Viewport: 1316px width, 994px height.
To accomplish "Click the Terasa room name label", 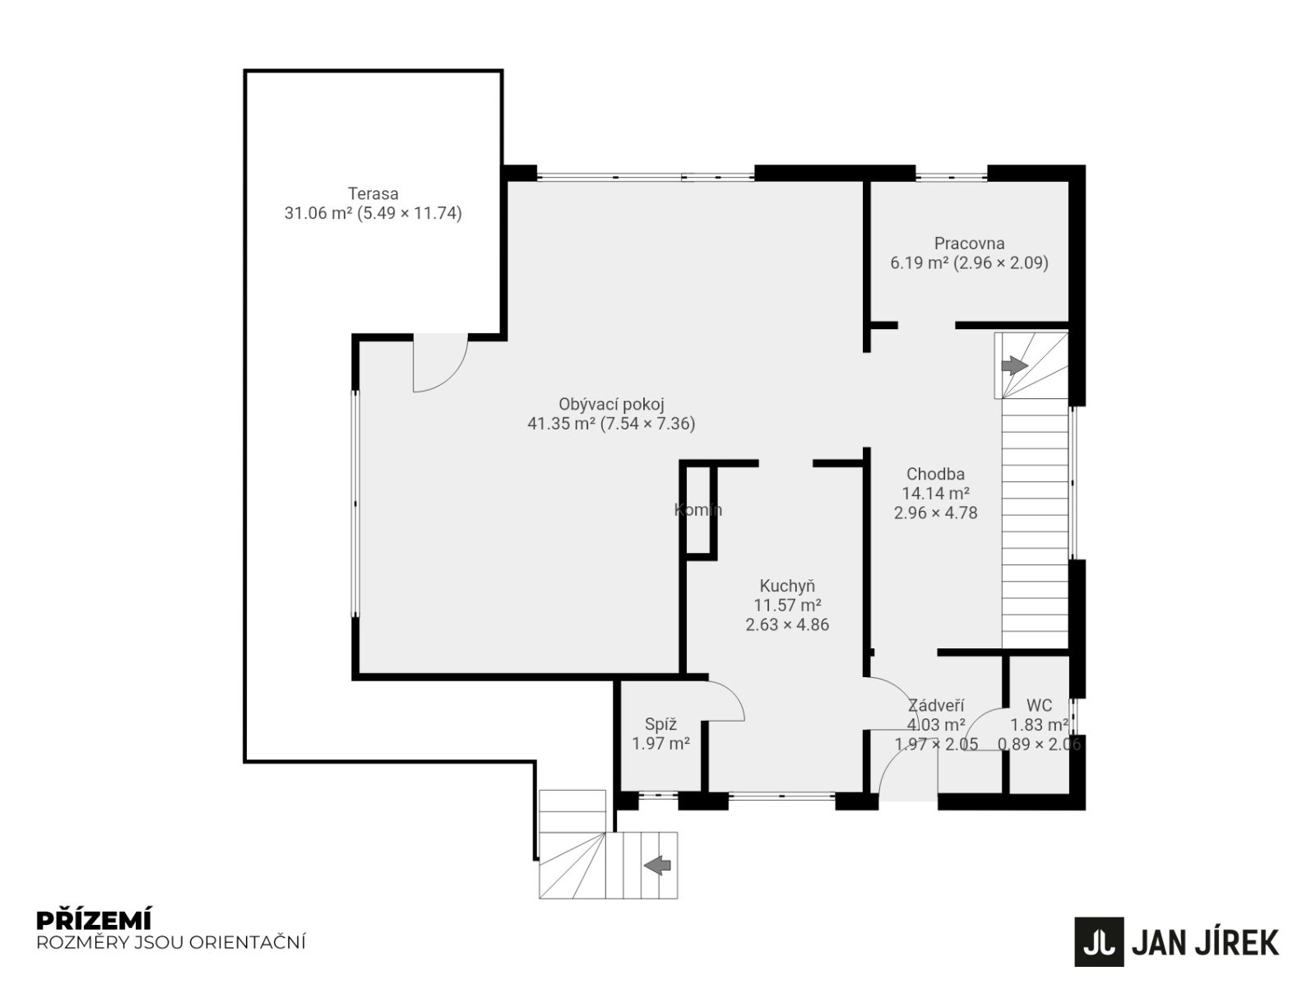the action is [373, 193].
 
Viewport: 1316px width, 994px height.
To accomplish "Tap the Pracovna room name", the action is [969, 244].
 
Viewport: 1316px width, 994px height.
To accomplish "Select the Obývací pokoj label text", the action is [611, 404].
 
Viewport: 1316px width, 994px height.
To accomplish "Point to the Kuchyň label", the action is [786, 586].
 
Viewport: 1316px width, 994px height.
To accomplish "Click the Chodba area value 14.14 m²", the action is [935, 494].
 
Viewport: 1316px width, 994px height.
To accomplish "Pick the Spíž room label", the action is [660, 724].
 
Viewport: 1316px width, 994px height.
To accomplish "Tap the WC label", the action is [1039, 705].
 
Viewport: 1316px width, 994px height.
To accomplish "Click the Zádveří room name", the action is [936, 706].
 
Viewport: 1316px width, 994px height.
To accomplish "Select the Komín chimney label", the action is [697, 509].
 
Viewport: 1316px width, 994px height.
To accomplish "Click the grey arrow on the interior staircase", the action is [1014, 365].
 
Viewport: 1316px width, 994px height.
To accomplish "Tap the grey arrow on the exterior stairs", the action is [657, 865].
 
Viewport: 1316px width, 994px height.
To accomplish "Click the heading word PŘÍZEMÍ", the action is [94, 920].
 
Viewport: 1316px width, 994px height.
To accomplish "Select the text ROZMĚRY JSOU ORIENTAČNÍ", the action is [171, 942].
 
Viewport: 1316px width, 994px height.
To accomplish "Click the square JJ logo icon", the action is [1098, 942].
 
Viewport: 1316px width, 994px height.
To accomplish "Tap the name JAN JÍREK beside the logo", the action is [1205, 943].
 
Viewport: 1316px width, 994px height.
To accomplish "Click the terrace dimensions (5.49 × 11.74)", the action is [410, 213].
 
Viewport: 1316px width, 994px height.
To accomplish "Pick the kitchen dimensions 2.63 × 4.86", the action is [787, 624].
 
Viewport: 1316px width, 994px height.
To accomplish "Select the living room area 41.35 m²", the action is [561, 424].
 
